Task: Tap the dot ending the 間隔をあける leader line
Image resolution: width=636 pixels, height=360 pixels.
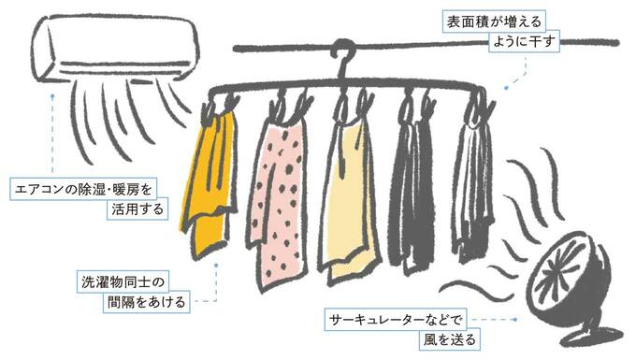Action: click(x=217, y=265)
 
